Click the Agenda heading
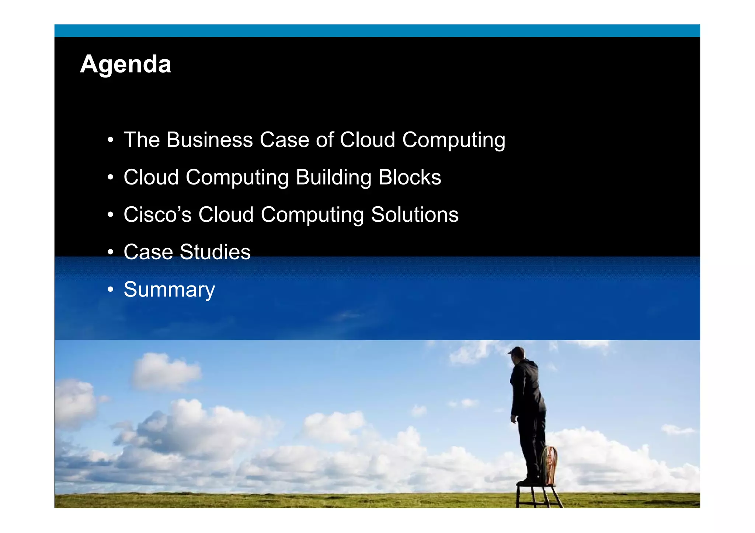pos(126,64)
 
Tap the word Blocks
pos(410,178)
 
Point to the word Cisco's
pos(157,215)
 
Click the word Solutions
pos(414,215)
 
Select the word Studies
pos(215,252)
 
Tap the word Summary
pos(169,290)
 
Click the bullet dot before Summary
pos(110,290)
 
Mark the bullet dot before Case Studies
pos(110,253)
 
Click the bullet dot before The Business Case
pos(110,140)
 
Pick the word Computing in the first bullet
pos(453,141)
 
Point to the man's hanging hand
pos(514,419)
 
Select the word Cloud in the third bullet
pos(226,215)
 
